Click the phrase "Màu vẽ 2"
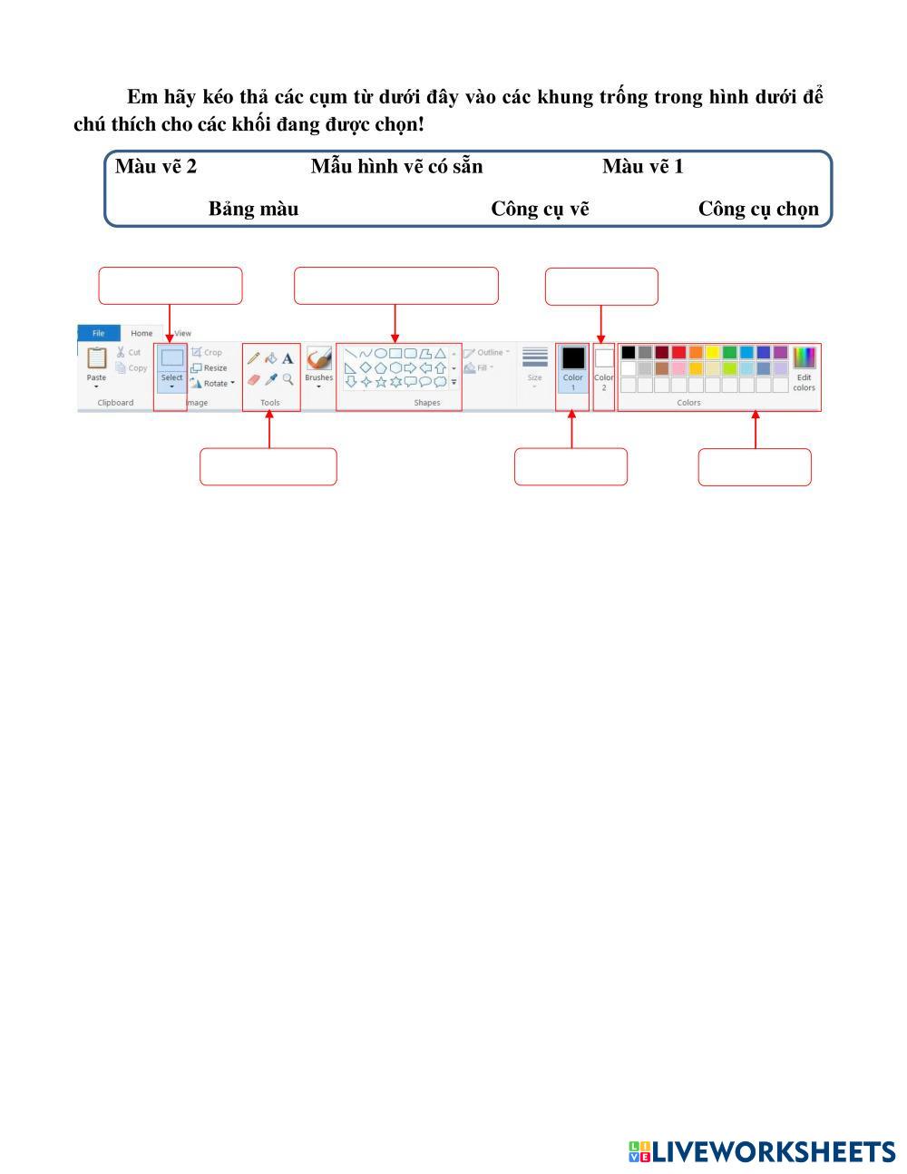pos(156,167)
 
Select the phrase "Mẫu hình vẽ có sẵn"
pos(396,167)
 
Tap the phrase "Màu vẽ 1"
pos(642,167)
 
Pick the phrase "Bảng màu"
pos(253,210)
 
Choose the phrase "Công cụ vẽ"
pos(540,210)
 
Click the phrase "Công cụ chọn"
pos(758,210)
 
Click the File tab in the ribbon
pos(98,333)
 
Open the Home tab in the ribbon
pos(141,333)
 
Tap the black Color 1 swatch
pos(572,358)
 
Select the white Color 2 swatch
pos(603,358)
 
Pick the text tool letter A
pos(288,358)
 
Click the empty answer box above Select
pos(171,286)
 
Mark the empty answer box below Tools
pos(268,466)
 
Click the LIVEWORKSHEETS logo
pos(761,1152)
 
